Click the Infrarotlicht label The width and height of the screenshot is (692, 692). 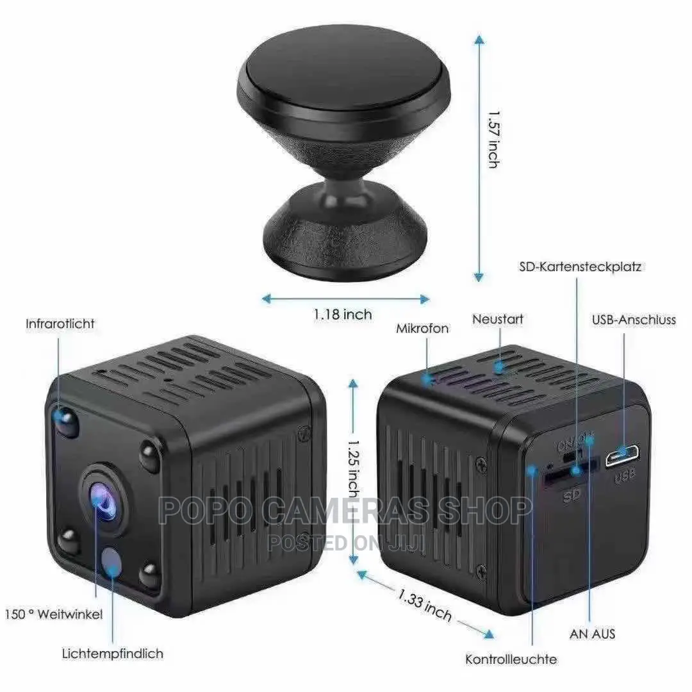tap(60, 324)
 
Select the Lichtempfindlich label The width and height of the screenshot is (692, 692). tap(113, 654)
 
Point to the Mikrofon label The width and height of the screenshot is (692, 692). tap(422, 329)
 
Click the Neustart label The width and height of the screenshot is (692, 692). tap(498, 318)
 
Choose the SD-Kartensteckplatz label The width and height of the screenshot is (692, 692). tap(580, 267)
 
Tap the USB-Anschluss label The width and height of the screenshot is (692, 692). tap(634, 320)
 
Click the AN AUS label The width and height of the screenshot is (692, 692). tap(592, 634)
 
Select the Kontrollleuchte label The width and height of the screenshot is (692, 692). tap(511, 659)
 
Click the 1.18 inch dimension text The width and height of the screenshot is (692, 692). tap(343, 315)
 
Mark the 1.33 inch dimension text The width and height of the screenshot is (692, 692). tap(425, 605)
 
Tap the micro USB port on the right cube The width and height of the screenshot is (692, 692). tap(622, 457)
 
